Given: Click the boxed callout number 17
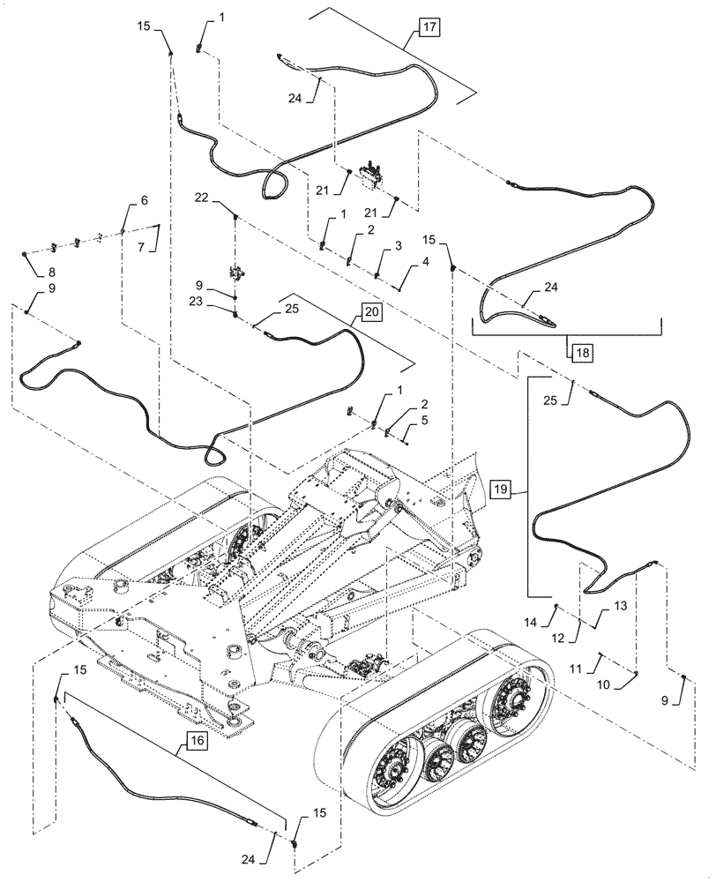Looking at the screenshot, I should point(429,29).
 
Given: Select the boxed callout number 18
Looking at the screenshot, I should point(581,350).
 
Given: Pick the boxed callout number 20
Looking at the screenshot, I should point(370,312).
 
